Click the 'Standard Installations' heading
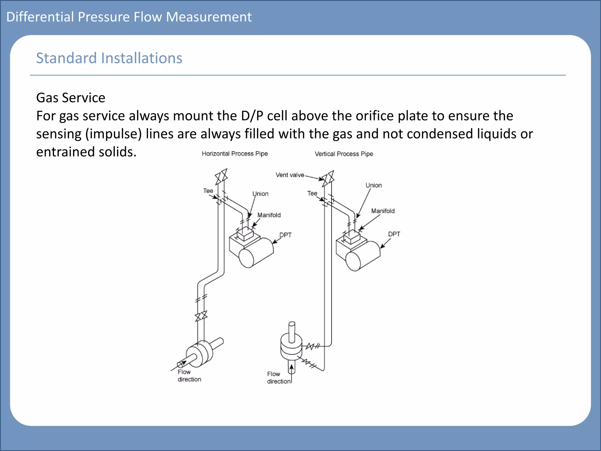[x=109, y=58]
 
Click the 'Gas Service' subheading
[x=70, y=98]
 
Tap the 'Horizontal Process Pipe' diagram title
[x=234, y=154]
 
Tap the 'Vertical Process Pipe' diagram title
[x=344, y=154]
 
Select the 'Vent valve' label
[x=290, y=175]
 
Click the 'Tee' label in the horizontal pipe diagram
[x=208, y=191]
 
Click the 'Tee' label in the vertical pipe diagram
[x=312, y=193]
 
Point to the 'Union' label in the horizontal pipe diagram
[x=260, y=194]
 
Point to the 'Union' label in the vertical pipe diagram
[x=373, y=185]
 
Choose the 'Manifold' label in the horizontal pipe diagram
[x=269, y=215]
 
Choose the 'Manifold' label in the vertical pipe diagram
[x=383, y=211]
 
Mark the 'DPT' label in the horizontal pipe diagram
[x=285, y=235]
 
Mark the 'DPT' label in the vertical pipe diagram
[x=394, y=234]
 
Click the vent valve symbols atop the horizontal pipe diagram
[x=221, y=177]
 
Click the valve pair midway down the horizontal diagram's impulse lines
[x=201, y=316]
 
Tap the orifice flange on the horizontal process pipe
[x=200, y=354]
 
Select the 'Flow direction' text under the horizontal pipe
[x=189, y=376]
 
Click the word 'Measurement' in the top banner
[x=209, y=17]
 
